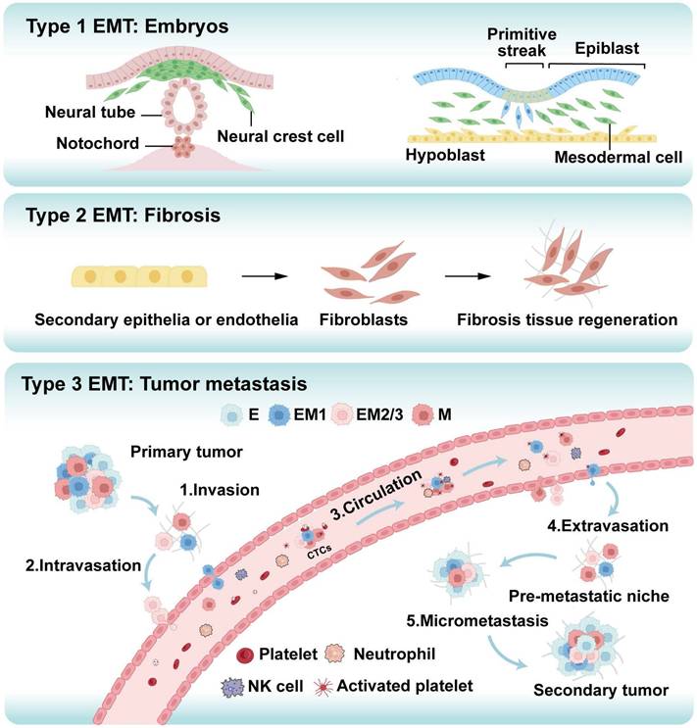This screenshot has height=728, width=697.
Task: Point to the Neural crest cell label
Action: click(x=292, y=136)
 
